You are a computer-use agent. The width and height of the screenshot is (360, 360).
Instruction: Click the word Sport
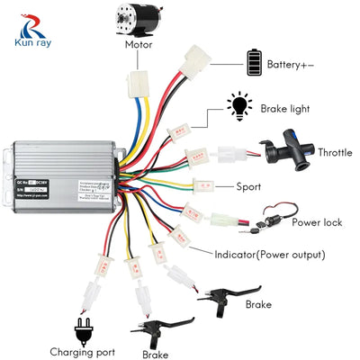click(x=248, y=187)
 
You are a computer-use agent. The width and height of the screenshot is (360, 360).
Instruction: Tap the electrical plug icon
click(x=83, y=327)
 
